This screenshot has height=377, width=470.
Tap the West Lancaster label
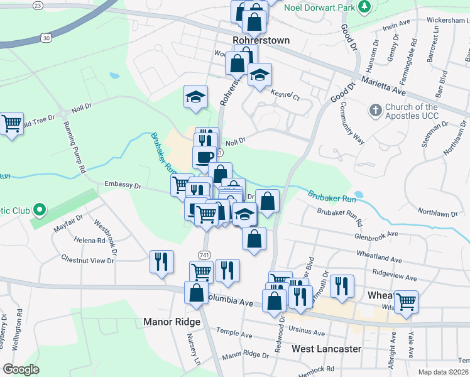(x=326, y=348)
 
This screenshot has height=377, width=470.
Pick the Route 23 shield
(x=38, y=5)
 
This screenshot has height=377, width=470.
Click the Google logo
(x=21, y=369)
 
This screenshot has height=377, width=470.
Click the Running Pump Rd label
(x=75, y=147)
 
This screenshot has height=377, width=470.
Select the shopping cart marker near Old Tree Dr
(x=12, y=124)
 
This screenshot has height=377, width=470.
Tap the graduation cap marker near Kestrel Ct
(x=260, y=75)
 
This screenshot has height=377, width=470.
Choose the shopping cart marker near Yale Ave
(x=406, y=301)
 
